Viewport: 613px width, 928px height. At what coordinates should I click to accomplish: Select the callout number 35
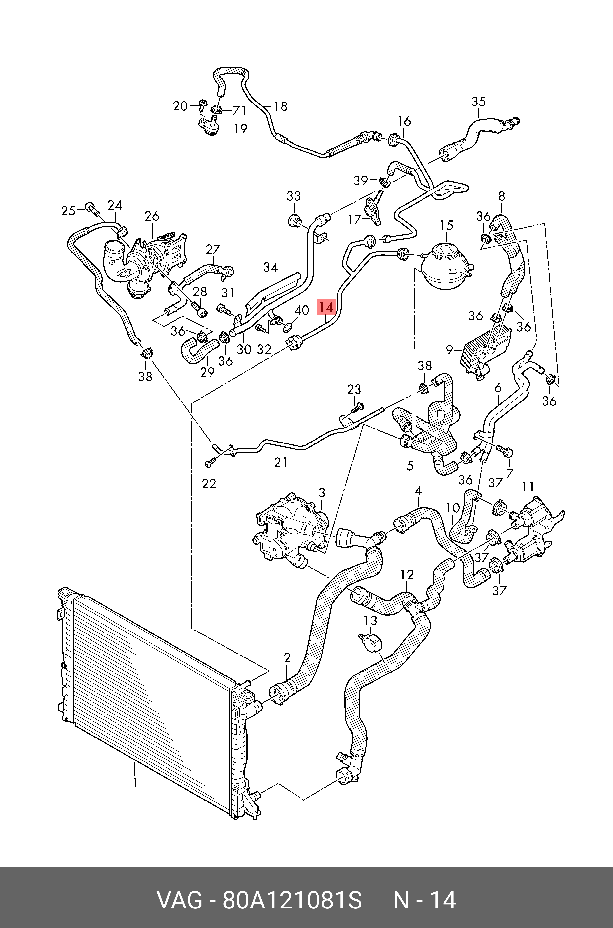click(x=479, y=101)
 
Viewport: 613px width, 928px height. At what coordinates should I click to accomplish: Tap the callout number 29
click(x=207, y=372)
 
